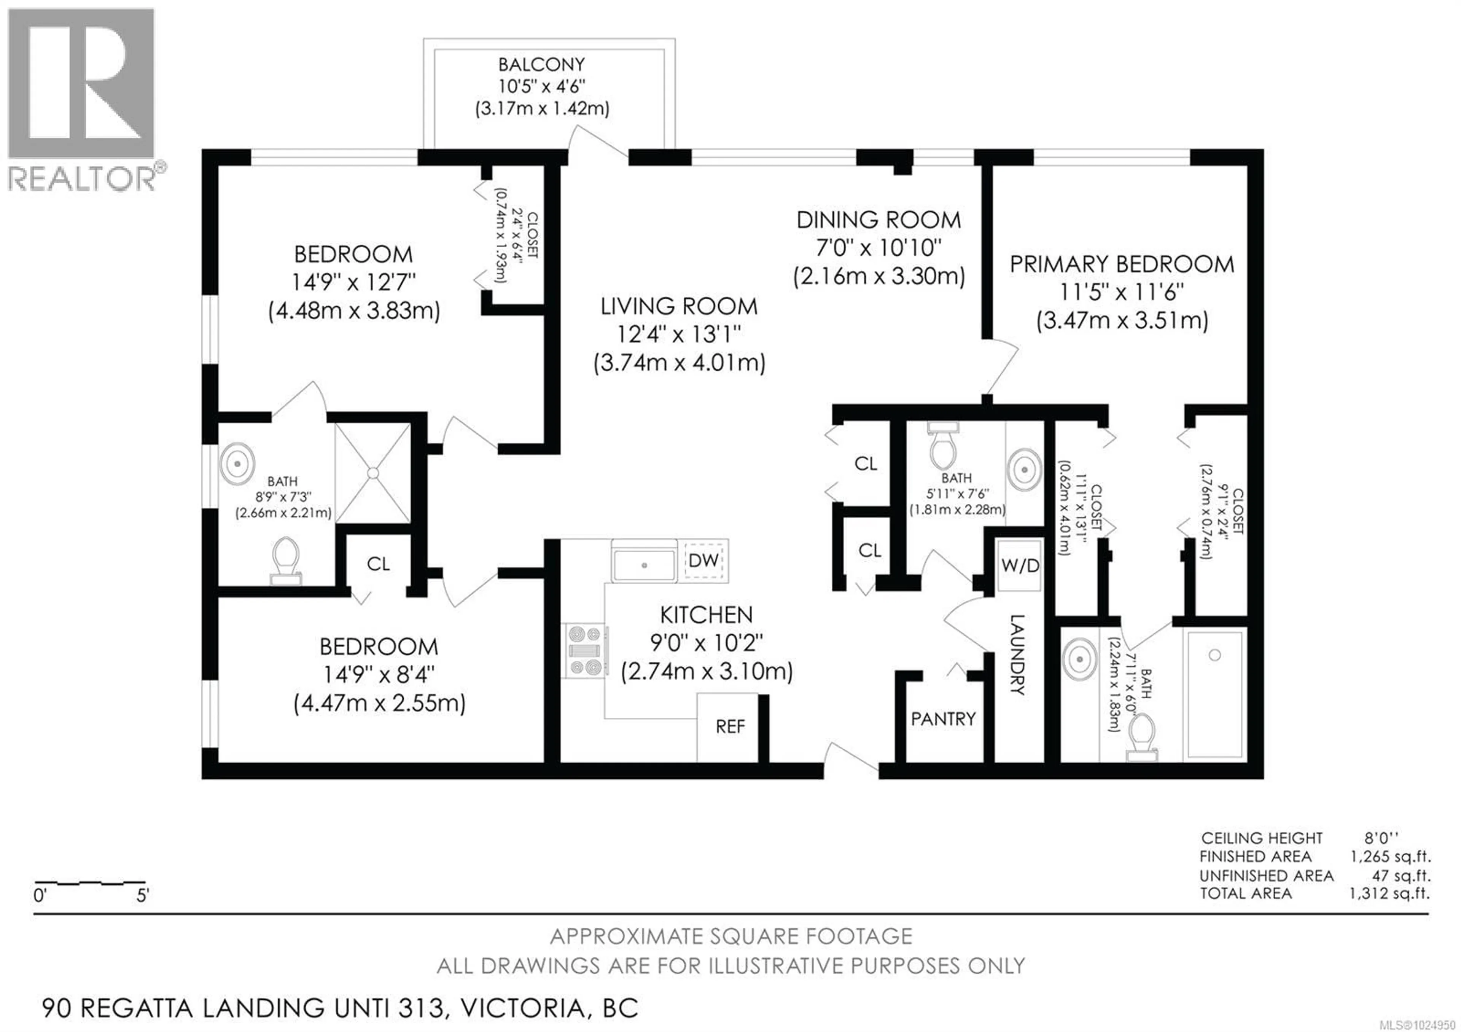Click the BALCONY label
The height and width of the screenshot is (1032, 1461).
(x=541, y=64)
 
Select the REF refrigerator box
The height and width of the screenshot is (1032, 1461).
(x=729, y=726)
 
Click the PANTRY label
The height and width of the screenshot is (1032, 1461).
(x=943, y=719)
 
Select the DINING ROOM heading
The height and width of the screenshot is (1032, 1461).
(x=879, y=220)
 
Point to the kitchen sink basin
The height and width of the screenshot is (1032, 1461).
(x=643, y=564)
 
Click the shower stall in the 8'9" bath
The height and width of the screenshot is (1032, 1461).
(x=373, y=473)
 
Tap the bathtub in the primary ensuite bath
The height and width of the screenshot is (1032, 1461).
(x=1214, y=693)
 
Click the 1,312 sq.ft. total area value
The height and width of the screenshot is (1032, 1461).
(x=1389, y=893)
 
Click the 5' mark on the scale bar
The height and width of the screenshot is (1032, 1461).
(x=143, y=896)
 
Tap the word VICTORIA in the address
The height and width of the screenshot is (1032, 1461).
(x=522, y=1008)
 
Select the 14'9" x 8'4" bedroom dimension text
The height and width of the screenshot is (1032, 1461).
(x=379, y=674)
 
